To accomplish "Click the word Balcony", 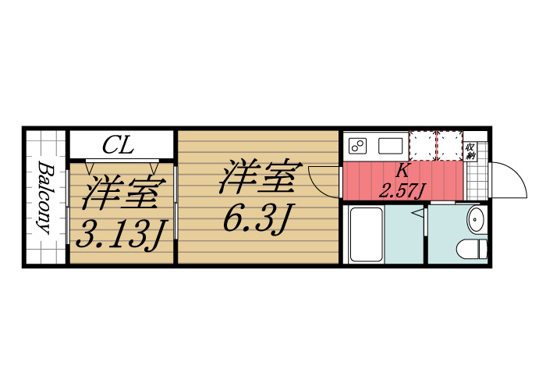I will pyautogui.click(x=44, y=198).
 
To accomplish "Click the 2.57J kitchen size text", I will pyautogui.click(x=402, y=190).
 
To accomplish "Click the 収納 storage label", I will pyautogui.click(x=471, y=151).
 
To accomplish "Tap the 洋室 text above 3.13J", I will pyautogui.click(x=125, y=193).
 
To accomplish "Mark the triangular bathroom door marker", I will pyautogui.click(x=418, y=211).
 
